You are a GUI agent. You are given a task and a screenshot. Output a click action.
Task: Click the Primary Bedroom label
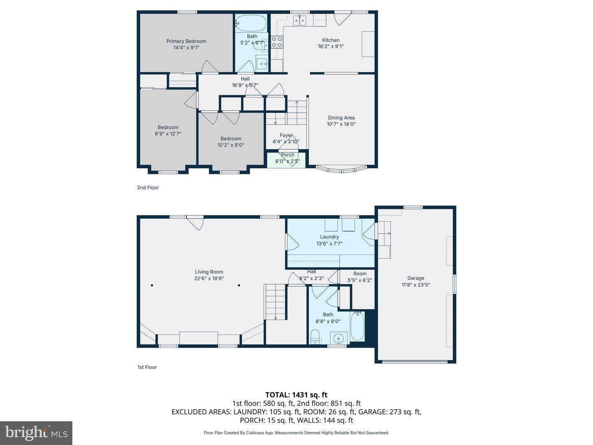coord(186,41)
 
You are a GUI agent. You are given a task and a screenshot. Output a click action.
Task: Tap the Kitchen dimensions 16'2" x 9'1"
coord(331,46)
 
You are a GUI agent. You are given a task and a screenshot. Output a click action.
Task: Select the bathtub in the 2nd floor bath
coord(251,23)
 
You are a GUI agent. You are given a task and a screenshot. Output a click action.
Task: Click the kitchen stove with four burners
coord(277,42)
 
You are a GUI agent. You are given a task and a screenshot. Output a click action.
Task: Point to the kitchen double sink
coord(300,20)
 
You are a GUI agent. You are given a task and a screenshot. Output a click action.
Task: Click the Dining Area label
coord(341,118)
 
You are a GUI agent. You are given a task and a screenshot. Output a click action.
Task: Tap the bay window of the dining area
coord(341,169)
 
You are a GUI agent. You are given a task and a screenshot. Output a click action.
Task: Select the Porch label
coord(287,155)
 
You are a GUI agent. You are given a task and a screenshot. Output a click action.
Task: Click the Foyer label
coord(286,135)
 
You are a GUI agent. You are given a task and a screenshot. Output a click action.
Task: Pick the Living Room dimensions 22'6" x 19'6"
coord(209,278)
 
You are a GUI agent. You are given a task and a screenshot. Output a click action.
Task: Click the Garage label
coord(416,278)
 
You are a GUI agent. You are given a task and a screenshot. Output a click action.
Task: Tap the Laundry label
coord(329,237)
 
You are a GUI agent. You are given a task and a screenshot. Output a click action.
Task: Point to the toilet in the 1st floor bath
coord(315,337)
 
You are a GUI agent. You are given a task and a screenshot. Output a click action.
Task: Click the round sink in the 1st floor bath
coord(339,338)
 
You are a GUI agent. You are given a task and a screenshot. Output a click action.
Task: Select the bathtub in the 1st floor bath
coord(357,326)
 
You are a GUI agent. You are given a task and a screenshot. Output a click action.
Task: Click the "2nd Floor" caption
coord(148,187)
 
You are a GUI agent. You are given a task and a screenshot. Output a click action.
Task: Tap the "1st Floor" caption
coord(147,367)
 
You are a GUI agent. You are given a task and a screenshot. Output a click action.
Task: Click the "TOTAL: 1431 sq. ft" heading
coord(296,395)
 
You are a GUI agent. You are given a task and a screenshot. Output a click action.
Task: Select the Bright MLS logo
coord(36,433)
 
